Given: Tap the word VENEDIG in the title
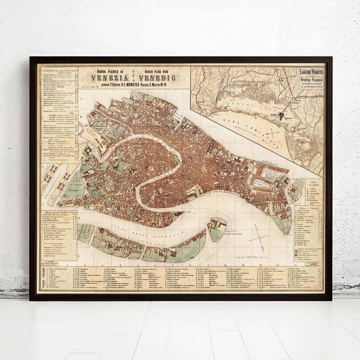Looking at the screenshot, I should [x=157, y=78].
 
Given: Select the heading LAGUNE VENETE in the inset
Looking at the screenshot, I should [x=310, y=73].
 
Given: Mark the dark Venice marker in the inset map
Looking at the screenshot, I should [x=281, y=115].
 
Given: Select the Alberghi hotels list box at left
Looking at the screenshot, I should [x=59, y=235].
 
